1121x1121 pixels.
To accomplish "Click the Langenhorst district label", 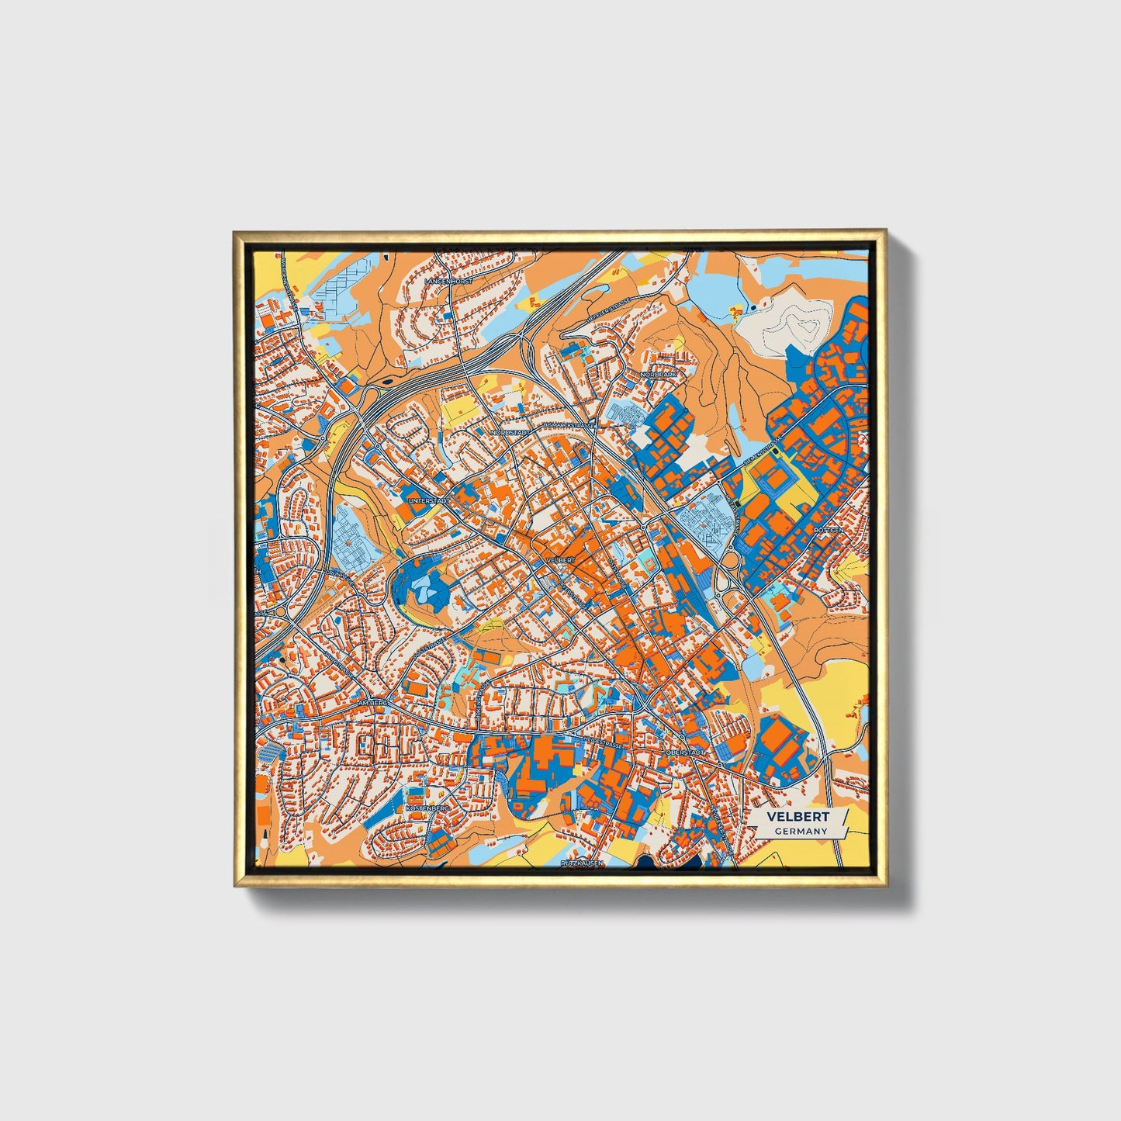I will [x=448, y=280].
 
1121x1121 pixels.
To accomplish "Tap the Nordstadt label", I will [x=510, y=432].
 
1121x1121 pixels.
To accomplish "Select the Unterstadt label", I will [x=429, y=502].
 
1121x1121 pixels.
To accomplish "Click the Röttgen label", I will [x=828, y=531].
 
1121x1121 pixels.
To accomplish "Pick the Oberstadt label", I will [x=685, y=752].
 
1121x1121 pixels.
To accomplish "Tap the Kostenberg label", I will [x=427, y=808].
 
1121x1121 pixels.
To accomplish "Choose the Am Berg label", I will [x=372, y=702].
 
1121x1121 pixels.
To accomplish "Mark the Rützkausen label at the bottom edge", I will [x=582, y=862].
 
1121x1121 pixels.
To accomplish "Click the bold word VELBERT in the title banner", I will [x=798, y=817].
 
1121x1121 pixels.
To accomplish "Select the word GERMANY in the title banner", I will [x=800, y=831].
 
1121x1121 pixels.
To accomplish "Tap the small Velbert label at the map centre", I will [x=560, y=559].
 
